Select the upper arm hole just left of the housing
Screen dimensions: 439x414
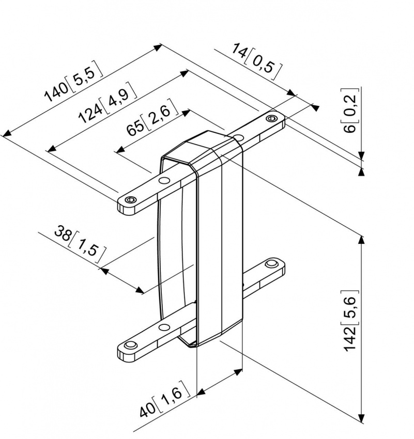coord(164,180)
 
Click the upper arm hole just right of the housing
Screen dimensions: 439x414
coord(238,137)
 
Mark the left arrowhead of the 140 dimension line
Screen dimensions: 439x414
coord(6,135)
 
